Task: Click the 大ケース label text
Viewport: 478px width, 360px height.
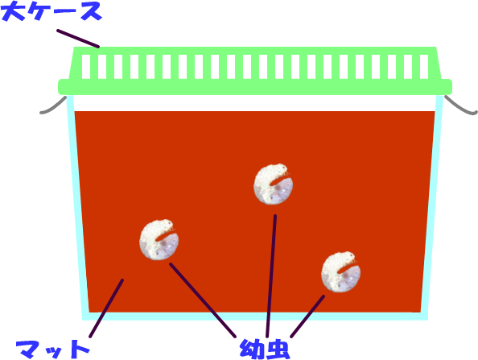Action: point(52,11)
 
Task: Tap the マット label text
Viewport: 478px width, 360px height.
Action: point(53,350)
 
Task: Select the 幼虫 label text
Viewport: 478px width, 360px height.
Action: point(265,349)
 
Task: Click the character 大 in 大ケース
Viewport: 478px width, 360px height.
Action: point(13,11)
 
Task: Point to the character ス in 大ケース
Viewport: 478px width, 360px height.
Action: point(89,12)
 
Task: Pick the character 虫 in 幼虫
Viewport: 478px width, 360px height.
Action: point(278,350)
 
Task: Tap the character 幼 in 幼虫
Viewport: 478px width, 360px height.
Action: point(252,349)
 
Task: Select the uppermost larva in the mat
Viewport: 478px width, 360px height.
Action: point(273,184)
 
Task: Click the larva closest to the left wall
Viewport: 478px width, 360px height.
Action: point(159,239)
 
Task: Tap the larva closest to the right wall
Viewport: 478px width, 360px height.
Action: point(341,271)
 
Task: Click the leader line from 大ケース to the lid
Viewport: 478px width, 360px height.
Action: point(78,39)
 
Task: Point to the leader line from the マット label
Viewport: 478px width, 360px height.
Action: point(106,308)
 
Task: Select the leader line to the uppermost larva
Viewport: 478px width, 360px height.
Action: point(271,275)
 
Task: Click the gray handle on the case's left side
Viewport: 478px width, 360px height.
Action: point(54,106)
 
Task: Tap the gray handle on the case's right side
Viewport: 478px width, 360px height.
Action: point(460,106)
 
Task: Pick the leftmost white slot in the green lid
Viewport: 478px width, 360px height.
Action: point(86,67)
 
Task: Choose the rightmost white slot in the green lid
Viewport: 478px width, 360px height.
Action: point(424,67)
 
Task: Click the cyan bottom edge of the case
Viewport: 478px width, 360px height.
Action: point(255,317)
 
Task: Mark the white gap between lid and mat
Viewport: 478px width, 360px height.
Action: point(255,103)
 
